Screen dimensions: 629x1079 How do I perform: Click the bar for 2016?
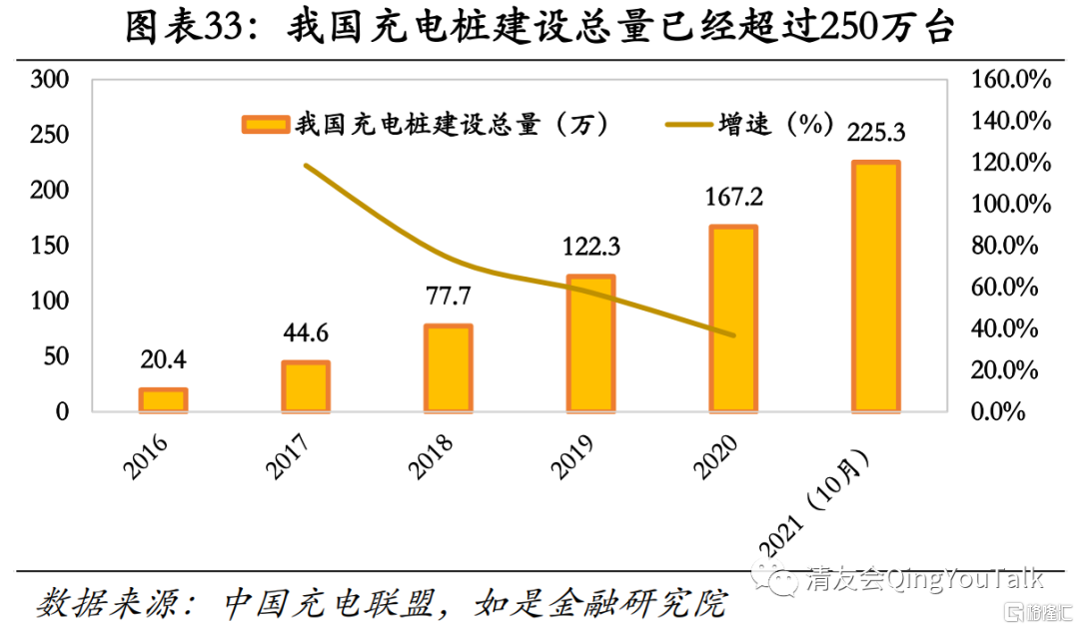163,399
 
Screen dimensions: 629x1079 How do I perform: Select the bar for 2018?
448,367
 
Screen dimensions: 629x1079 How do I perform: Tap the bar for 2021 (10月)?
875,287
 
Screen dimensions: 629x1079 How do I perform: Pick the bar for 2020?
732,318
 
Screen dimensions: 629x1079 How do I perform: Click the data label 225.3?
875,132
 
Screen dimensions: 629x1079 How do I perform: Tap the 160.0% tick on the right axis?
1010,80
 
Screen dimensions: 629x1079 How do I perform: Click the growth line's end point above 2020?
734,335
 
